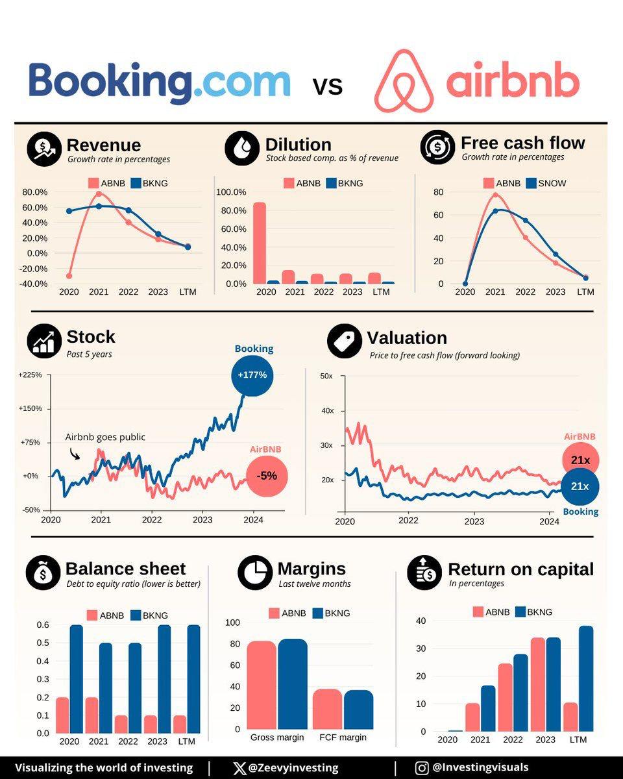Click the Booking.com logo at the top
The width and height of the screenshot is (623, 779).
tap(159, 84)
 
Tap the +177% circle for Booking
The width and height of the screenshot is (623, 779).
tap(252, 375)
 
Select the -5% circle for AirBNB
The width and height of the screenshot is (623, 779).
tap(267, 475)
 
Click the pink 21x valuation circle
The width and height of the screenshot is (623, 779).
tap(580, 460)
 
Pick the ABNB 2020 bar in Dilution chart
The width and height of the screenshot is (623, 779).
tap(260, 243)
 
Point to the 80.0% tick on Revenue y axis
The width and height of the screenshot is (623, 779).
tap(35, 192)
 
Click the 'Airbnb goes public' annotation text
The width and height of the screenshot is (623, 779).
tap(105, 437)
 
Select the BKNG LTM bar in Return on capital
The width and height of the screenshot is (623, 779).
tap(585, 678)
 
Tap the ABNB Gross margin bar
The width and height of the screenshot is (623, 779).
tap(262, 685)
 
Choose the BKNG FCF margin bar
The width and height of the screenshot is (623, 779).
tap(358, 709)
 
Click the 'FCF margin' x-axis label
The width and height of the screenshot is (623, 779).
tap(343, 737)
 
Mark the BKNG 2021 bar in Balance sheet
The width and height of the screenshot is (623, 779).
tap(106, 688)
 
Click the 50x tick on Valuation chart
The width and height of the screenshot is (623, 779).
tap(326, 377)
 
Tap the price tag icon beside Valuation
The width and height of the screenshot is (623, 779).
tap(344, 341)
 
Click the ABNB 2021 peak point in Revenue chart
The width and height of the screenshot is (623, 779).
tap(99, 193)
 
